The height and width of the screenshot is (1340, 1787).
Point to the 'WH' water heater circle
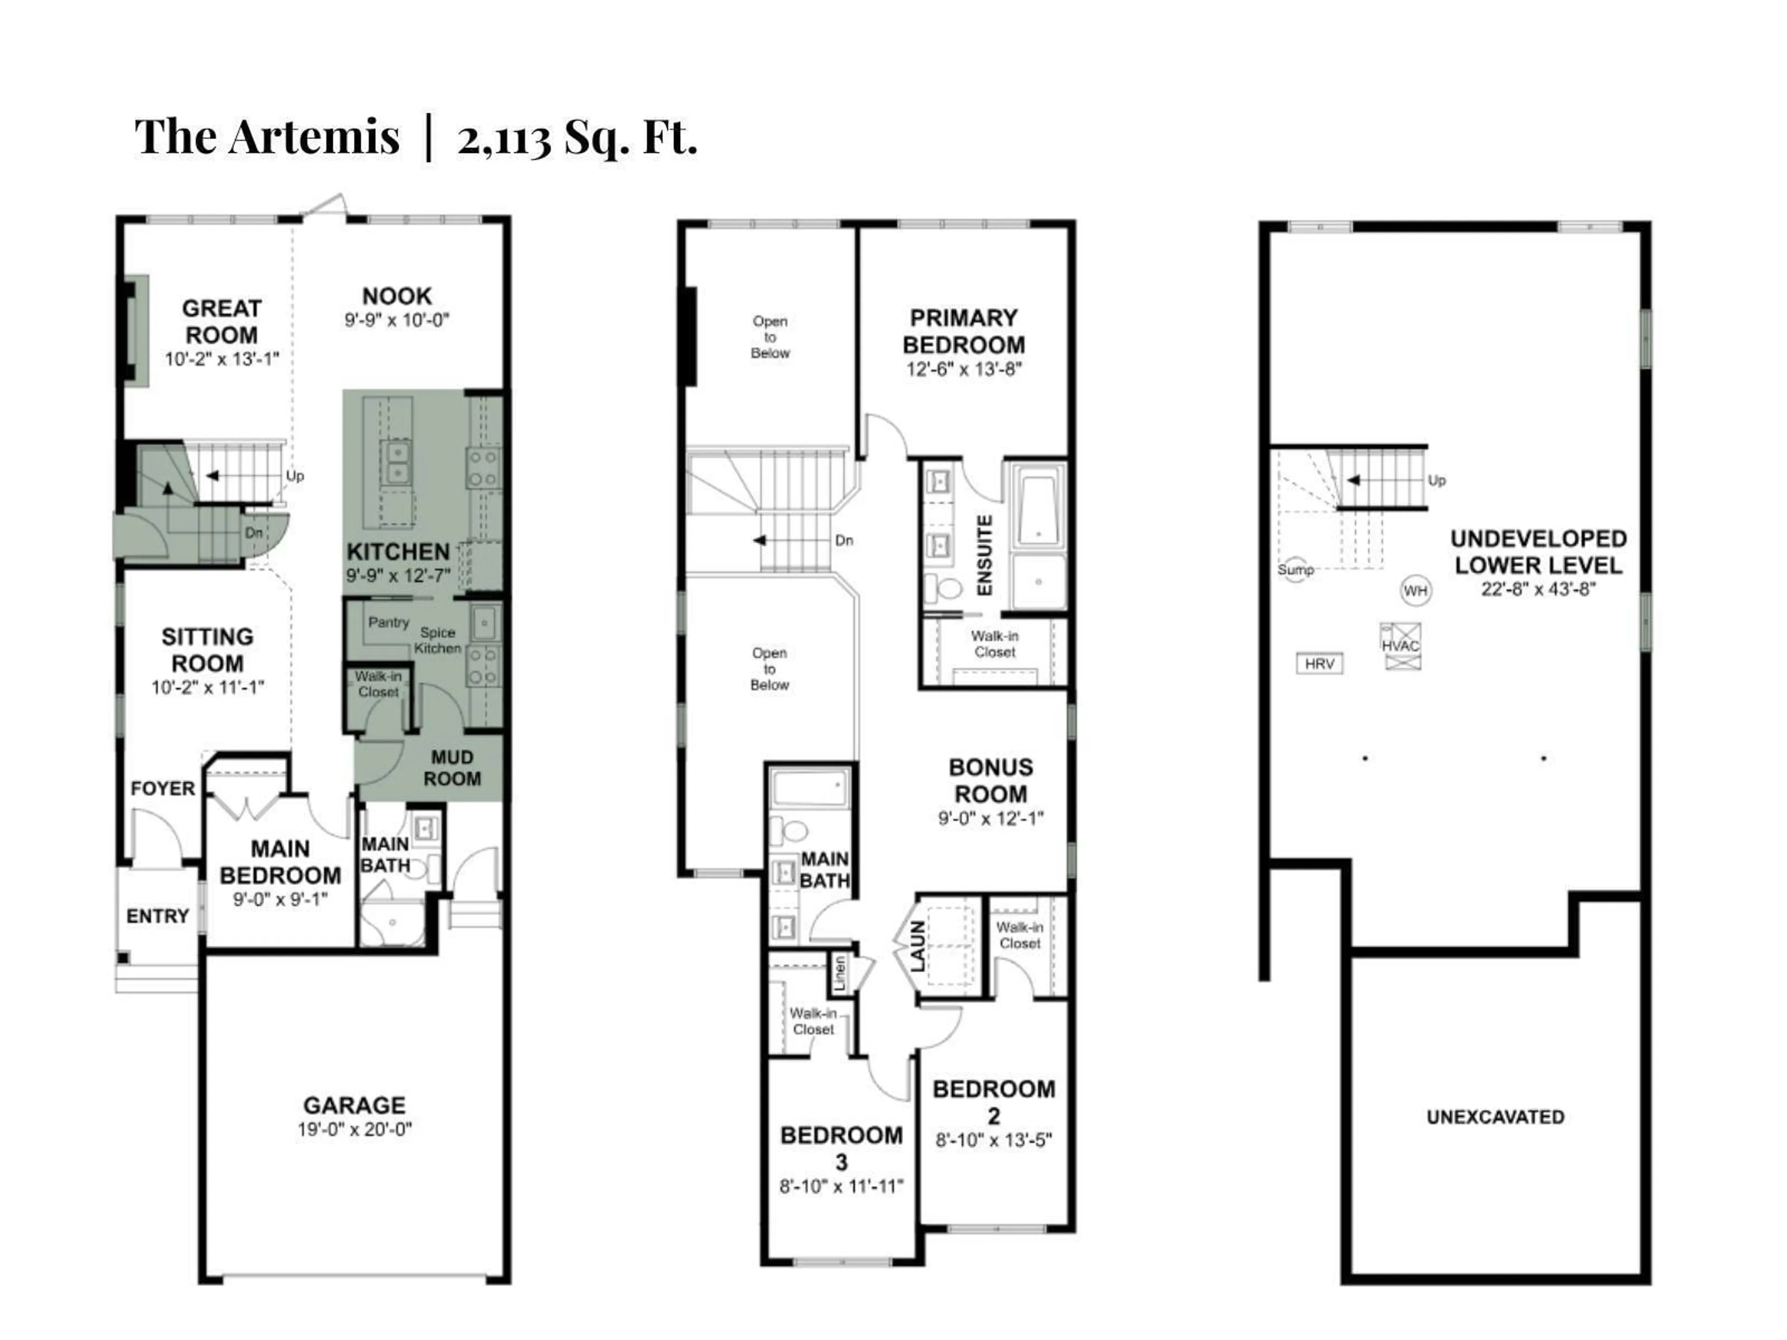(x=1415, y=590)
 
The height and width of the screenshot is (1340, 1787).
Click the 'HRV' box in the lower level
(x=1319, y=664)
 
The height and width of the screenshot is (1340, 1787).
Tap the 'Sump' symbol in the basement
(x=1295, y=569)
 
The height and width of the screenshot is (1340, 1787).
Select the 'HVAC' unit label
(x=1400, y=645)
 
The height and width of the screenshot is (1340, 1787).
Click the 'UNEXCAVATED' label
(x=1495, y=1117)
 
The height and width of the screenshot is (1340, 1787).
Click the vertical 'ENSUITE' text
(x=984, y=556)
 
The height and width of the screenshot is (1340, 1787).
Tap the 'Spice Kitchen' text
(x=437, y=640)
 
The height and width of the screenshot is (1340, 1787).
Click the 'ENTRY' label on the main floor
(x=158, y=916)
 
